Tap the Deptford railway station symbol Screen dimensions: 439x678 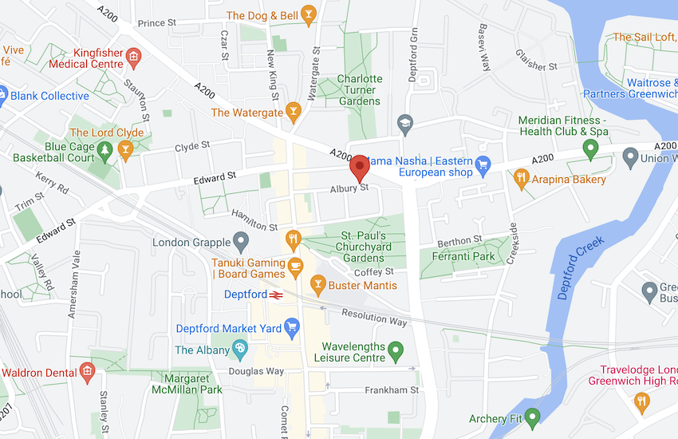point(278,295)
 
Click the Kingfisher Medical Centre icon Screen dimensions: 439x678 point(133,57)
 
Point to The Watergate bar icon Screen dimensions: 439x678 point(294,113)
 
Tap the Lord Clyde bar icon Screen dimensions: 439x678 point(125,149)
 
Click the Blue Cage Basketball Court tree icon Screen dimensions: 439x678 point(104,149)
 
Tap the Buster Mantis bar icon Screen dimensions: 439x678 point(318,284)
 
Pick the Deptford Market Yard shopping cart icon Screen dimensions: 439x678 point(292,326)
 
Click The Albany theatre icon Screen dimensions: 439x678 point(238,350)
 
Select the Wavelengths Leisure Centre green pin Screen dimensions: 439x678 point(395,350)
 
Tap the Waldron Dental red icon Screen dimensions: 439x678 point(87,371)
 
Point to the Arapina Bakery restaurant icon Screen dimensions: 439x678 point(522,177)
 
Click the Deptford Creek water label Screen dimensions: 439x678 point(581,268)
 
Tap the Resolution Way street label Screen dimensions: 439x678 point(374,317)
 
